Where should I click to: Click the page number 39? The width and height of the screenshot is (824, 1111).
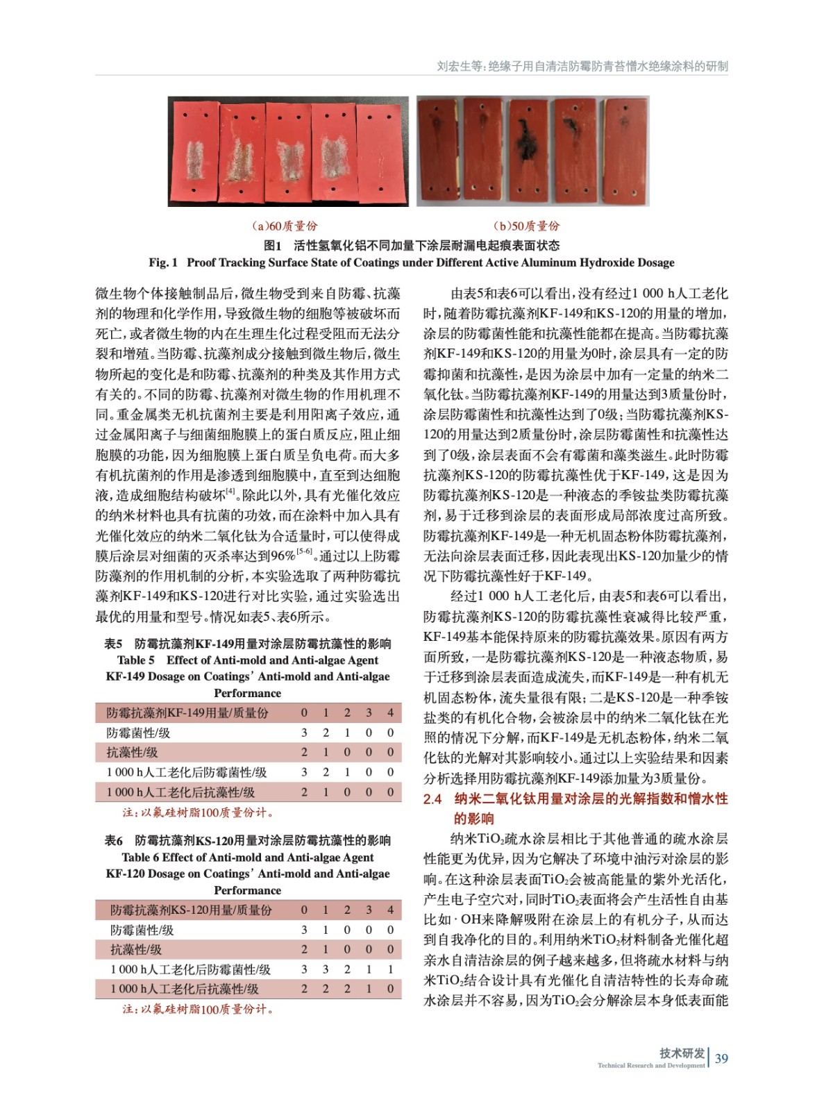click(721, 1058)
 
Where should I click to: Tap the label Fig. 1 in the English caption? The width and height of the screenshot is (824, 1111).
click(163, 262)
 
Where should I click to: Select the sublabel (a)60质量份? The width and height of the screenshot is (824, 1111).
click(284, 226)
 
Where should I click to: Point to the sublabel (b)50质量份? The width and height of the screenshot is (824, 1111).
click(526, 226)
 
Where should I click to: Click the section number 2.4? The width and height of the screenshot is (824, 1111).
click(432, 799)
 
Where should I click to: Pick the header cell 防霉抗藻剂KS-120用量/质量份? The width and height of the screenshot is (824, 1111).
click(191, 910)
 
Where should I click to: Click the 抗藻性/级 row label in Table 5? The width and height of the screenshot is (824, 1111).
click(132, 752)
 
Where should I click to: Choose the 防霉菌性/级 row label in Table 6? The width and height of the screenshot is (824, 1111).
click(142, 930)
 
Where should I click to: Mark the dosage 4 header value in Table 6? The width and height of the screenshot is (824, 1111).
click(391, 910)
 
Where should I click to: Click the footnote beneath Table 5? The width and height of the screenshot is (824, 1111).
click(199, 812)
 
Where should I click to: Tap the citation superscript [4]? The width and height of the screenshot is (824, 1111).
click(230, 492)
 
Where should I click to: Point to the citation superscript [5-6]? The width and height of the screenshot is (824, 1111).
click(304, 552)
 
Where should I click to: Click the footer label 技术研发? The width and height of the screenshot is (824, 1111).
click(682, 1053)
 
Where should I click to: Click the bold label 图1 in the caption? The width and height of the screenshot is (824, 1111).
click(272, 245)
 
